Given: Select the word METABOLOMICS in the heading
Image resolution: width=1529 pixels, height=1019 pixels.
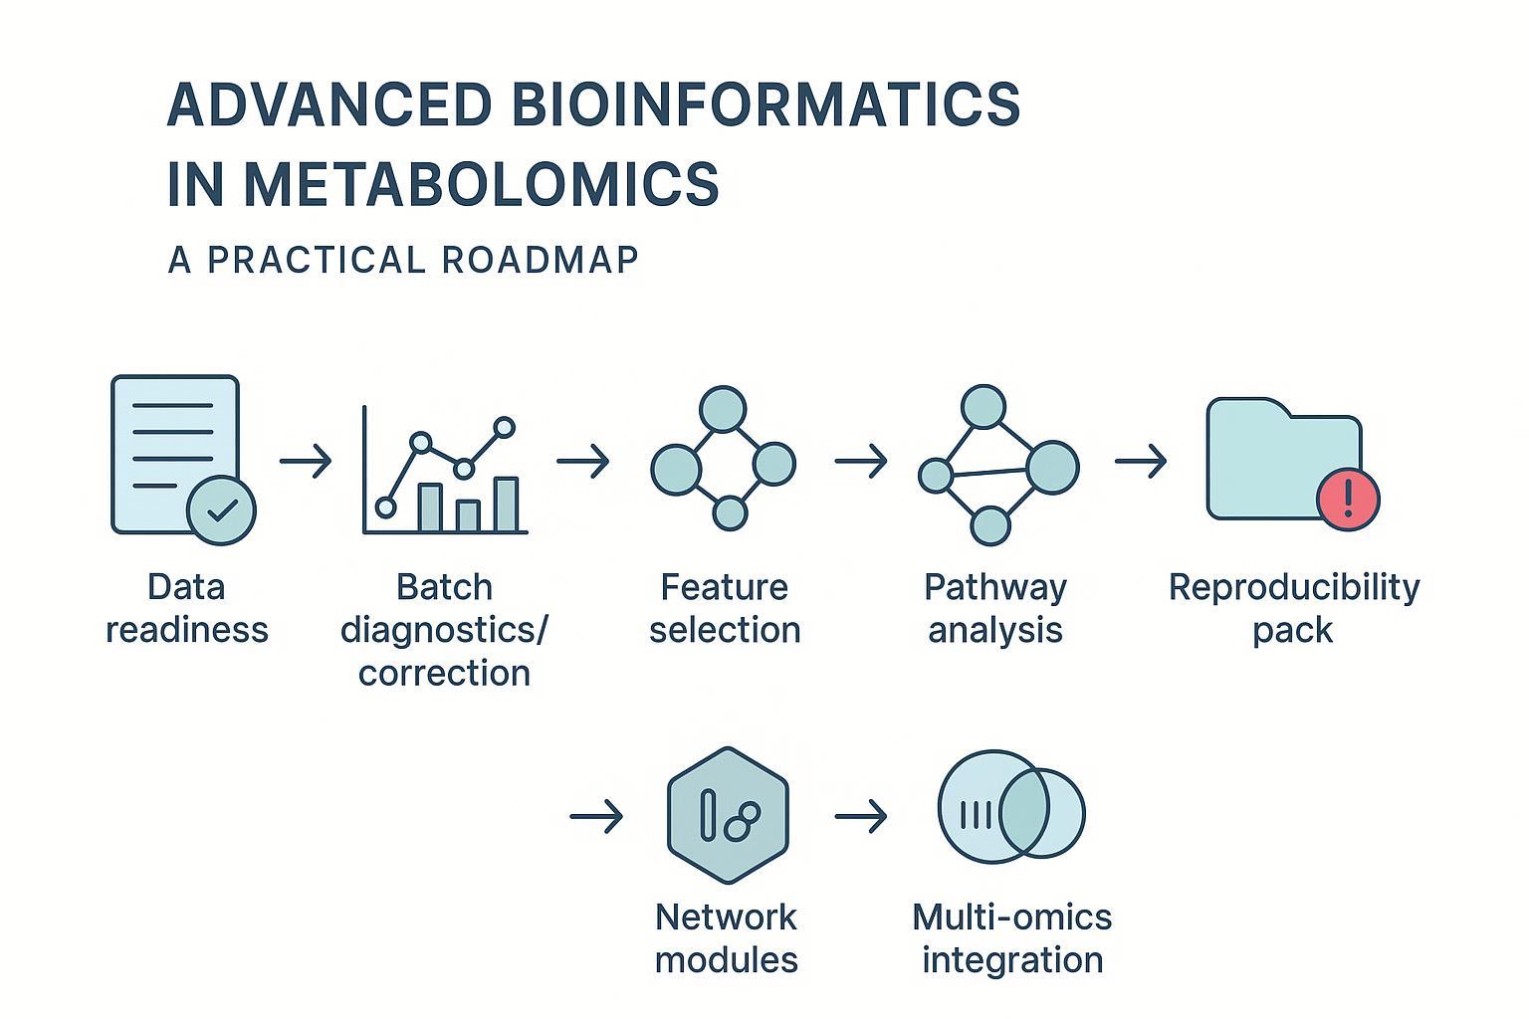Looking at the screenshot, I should [x=481, y=184].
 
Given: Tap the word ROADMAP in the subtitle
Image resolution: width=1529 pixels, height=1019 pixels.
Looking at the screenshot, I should [x=540, y=260].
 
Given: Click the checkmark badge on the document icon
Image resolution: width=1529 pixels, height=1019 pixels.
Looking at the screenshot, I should [x=222, y=509].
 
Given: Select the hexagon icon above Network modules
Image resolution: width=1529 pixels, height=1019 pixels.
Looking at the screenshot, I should [x=728, y=815].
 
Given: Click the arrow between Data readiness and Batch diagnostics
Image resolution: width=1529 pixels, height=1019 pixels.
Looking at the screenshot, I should [x=305, y=462].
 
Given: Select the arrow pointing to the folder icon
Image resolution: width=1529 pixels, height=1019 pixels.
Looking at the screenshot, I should [x=1140, y=462].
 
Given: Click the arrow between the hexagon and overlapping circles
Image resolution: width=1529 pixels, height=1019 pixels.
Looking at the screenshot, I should [x=860, y=817].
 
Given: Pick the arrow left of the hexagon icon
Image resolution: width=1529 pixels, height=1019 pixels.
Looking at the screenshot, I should [x=595, y=817].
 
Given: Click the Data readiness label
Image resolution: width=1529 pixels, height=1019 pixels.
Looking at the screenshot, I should [x=187, y=608].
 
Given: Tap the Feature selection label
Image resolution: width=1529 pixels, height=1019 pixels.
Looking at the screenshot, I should [x=725, y=608].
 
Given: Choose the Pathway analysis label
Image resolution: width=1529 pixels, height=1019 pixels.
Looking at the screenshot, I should [x=994, y=608].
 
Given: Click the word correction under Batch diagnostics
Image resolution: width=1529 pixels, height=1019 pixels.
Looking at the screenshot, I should [x=444, y=673].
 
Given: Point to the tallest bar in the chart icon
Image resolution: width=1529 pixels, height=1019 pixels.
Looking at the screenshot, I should [x=507, y=506].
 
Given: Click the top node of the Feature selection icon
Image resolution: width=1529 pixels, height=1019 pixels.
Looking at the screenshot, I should [x=723, y=409].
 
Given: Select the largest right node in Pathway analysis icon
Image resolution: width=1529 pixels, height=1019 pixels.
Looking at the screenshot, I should [x=1052, y=467].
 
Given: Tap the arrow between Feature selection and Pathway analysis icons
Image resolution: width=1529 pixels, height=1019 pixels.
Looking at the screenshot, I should [x=860, y=462].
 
